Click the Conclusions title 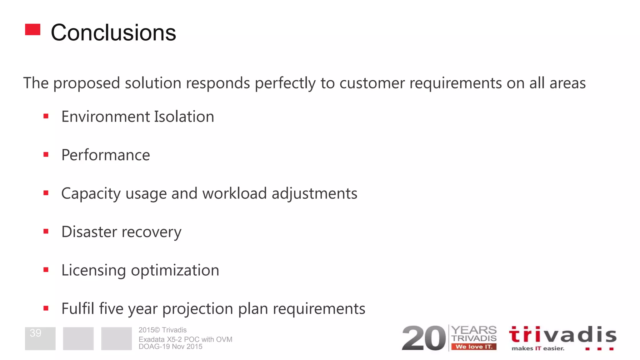click(x=113, y=32)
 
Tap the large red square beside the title click(x=33, y=30)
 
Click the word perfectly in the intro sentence click(x=285, y=83)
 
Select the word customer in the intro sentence click(x=372, y=83)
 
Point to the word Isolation click(x=184, y=117)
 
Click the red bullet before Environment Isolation click(x=46, y=116)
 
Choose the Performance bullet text click(x=106, y=155)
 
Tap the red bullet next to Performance click(x=46, y=154)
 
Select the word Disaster click(x=89, y=232)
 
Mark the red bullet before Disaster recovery click(x=46, y=231)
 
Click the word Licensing click(x=93, y=270)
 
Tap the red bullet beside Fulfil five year click(x=46, y=308)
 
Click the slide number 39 click(x=36, y=333)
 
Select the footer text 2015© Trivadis click(x=162, y=330)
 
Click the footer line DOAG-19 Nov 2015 click(x=170, y=347)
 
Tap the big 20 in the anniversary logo click(x=423, y=338)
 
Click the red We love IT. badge click(x=474, y=347)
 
